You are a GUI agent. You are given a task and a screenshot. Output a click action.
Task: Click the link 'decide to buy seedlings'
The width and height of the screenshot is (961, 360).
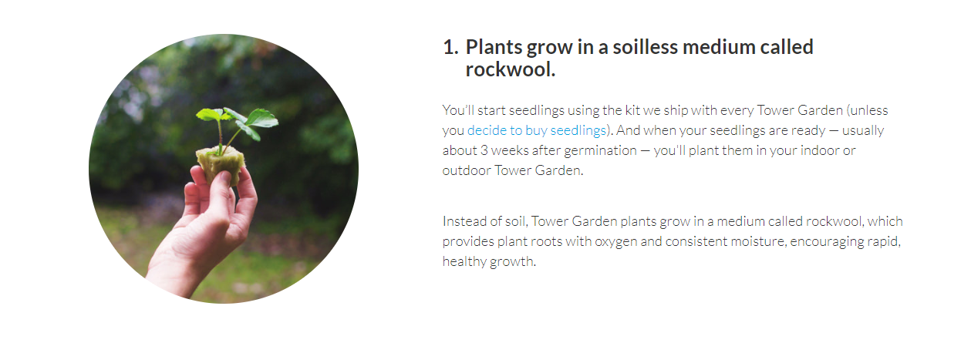(x=537, y=130)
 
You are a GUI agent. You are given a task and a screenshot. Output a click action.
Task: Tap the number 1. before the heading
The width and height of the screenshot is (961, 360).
(x=450, y=47)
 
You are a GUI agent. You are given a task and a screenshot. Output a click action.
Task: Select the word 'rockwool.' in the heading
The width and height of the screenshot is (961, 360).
(x=511, y=69)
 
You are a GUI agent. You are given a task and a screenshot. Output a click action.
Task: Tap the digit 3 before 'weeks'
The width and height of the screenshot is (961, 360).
(x=484, y=150)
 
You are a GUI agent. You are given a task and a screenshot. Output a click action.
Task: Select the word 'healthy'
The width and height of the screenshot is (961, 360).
(x=464, y=261)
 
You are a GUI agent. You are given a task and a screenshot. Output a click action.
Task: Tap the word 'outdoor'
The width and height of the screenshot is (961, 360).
(x=467, y=170)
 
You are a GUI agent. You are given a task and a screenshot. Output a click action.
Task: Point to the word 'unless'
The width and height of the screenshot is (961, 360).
(x=869, y=110)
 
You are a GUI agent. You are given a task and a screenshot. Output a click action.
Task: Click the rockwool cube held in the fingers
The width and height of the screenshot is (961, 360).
(x=221, y=164)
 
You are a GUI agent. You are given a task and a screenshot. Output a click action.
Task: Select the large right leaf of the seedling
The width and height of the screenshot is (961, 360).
(x=262, y=119)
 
